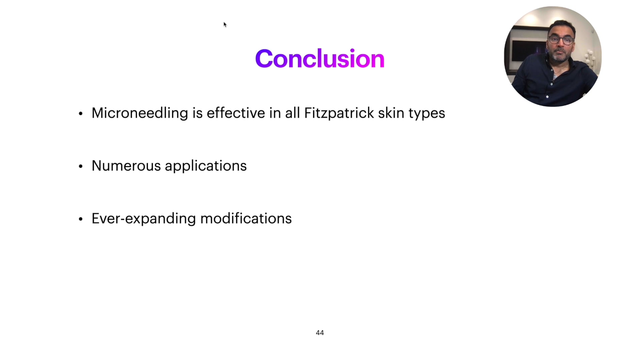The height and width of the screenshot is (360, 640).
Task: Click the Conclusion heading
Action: click(x=320, y=59)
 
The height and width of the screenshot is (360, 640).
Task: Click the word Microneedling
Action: click(x=140, y=113)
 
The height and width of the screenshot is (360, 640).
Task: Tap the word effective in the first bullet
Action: click(x=236, y=113)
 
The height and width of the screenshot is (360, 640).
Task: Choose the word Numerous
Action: click(x=126, y=166)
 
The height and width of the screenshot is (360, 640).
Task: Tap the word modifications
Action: click(x=246, y=219)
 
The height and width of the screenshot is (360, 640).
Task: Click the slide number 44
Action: click(x=320, y=333)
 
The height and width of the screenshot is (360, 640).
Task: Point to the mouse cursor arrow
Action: click(x=225, y=24)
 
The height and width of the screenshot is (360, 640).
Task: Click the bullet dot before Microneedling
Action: click(x=81, y=114)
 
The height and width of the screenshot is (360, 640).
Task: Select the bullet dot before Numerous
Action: click(x=81, y=166)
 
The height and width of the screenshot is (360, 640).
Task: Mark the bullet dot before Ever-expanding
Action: click(x=81, y=219)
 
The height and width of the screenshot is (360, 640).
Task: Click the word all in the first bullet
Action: click(x=292, y=113)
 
